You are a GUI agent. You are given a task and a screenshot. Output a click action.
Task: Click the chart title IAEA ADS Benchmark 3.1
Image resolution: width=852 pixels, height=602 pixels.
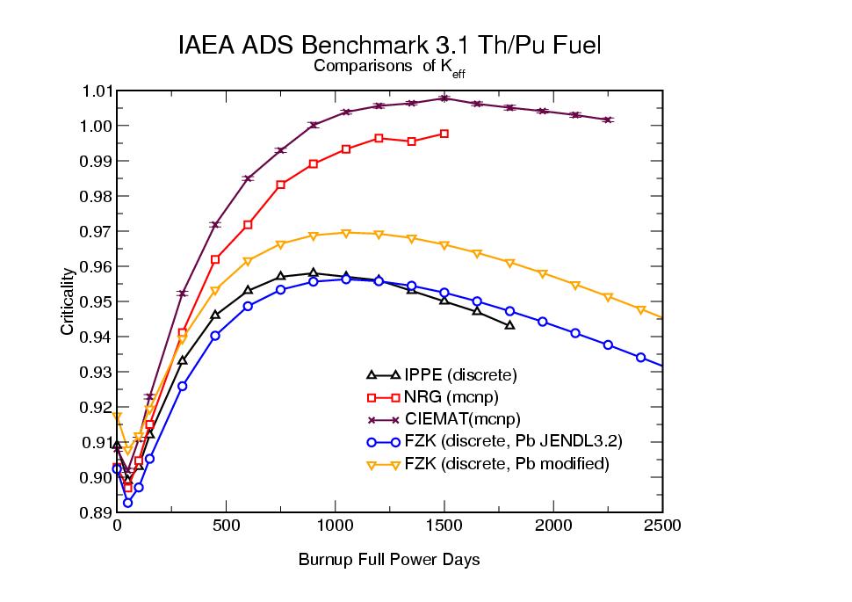click(389, 46)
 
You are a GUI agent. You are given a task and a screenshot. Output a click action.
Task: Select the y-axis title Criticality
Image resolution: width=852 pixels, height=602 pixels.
click(67, 301)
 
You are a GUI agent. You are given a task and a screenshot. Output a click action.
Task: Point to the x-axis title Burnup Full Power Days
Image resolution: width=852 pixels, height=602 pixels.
click(389, 559)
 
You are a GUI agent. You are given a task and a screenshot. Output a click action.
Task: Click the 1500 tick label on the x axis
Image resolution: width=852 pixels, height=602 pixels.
click(444, 526)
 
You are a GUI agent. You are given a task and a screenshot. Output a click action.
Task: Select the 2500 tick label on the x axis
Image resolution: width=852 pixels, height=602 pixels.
click(662, 526)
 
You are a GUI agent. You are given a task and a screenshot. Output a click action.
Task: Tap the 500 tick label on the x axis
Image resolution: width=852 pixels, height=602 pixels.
click(226, 526)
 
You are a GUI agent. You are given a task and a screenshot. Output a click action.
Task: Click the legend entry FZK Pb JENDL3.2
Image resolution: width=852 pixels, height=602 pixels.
click(513, 441)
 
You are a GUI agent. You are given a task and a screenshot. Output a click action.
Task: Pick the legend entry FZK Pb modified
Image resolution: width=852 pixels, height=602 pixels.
click(506, 463)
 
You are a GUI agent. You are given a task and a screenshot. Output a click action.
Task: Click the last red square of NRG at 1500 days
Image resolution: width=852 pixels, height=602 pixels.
click(444, 134)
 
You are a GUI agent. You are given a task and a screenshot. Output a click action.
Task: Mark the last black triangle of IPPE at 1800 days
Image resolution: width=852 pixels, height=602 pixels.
click(509, 325)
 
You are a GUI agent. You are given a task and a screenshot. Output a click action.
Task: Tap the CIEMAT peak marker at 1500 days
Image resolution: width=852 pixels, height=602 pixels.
click(444, 98)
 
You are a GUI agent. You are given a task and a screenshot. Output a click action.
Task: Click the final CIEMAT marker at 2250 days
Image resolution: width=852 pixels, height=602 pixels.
click(608, 120)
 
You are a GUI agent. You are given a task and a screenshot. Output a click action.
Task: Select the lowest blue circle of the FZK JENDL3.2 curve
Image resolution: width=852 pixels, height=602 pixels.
click(128, 503)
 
